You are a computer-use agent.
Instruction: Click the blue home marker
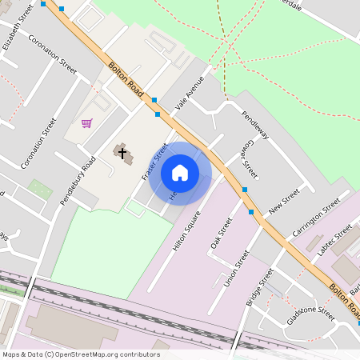click(180, 173)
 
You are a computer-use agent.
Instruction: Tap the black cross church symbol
click(122, 151)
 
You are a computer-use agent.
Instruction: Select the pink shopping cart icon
click(86, 123)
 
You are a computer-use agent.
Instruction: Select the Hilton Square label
click(186, 227)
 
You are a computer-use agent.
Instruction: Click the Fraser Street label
click(154, 162)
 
